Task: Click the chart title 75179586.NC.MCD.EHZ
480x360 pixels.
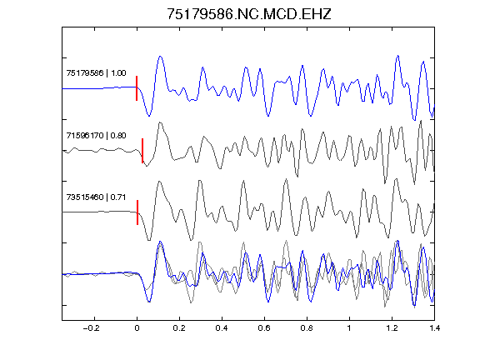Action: coord(249,14)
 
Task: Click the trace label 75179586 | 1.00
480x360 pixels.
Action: coord(96,73)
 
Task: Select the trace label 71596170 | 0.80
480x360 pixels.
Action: coord(96,135)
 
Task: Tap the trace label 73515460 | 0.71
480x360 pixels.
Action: coord(96,197)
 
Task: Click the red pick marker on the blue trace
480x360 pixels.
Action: coord(137,88)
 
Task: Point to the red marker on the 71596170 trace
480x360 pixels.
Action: coord(142,151)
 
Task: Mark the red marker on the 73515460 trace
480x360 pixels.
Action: coord(137,212)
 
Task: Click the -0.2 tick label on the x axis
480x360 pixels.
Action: coord(91,328)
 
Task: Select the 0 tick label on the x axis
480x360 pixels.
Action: coord(137,328)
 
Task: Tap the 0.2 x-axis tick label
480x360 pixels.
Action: coord(179,328)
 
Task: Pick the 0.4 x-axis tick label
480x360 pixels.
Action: coord(222,328)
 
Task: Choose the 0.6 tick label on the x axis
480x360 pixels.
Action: coord(264,328)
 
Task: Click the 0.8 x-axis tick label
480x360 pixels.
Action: coord(307,328)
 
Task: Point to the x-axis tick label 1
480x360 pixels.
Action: coord(349,328)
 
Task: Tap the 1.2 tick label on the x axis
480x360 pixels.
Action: coord(392,328)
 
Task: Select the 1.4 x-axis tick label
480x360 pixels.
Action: coord(434,328)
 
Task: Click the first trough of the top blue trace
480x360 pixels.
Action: coord(149,116)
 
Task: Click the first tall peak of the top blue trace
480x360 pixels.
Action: coord(160,57)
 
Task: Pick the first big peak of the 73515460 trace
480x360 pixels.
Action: coord(159,182)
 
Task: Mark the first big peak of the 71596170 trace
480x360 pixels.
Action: coord(160,122)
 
